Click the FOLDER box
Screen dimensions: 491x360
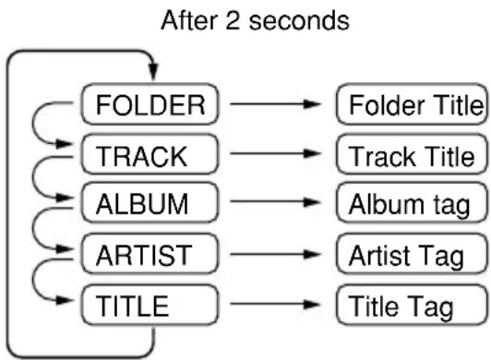coord(150,104)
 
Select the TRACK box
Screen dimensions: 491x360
coord(150,154)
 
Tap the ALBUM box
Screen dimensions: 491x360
coord(150,202)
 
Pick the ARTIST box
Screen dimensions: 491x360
coord(150,254)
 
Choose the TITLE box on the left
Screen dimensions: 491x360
coord(150,305)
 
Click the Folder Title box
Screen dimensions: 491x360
coord(412,104)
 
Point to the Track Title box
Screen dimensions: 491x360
coord(412,154)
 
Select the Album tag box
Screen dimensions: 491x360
coord(412,202)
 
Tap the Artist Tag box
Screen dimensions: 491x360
coord(412,254)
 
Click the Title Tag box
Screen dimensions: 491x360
coord(412,305)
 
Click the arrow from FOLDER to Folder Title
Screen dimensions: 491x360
coord(275,103)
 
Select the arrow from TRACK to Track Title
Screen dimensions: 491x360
coord(275,153)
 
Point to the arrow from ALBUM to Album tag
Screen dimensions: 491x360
coord(275,202)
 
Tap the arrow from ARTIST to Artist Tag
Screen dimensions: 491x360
coord(275,254)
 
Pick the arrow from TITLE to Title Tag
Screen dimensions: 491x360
coord(275,304)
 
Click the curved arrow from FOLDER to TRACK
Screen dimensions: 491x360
coord(32,124)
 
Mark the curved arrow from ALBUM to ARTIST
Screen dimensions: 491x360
coord(32,229)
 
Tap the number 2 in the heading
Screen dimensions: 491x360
coord(233,20)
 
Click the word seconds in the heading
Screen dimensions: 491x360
coord(299,20)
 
